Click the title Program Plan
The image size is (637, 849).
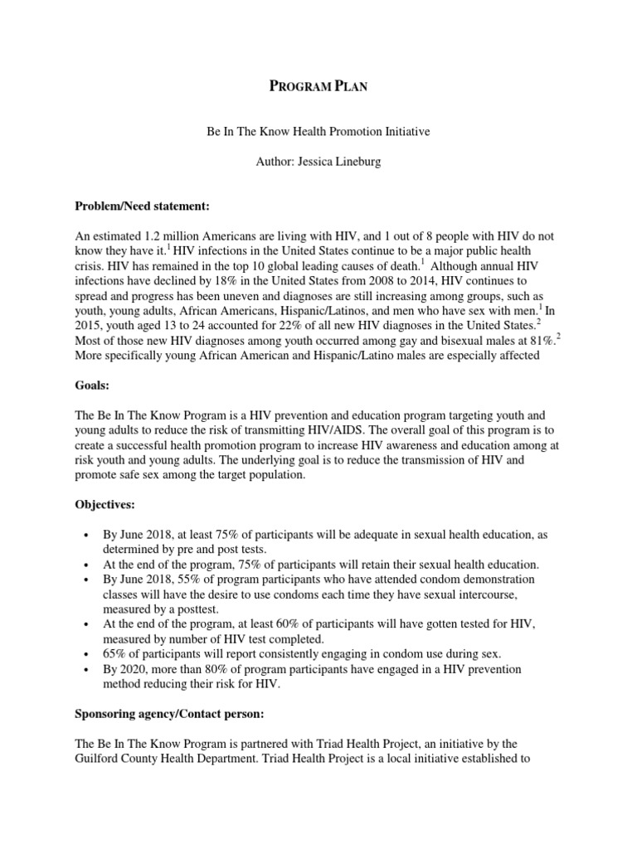pos(318,87)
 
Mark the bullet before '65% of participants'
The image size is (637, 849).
pos(87,653)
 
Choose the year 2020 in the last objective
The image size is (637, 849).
pos(128,668)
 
